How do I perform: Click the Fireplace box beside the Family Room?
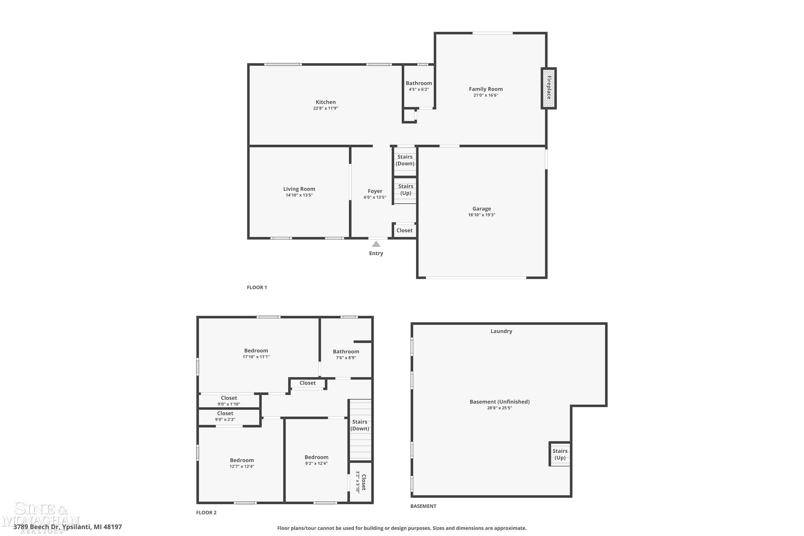tap(548, 88)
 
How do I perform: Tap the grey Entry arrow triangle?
tap(376, 244)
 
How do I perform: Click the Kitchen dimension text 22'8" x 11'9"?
tap(326, 108)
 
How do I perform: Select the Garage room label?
tap(482, 209)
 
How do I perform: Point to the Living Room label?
tap(299, 189)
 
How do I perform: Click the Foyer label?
tap(375, 191)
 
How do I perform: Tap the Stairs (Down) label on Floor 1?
tap(405, 160)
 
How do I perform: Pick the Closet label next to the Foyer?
tap(404, 230)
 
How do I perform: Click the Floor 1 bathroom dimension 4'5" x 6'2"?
tap(419, 90)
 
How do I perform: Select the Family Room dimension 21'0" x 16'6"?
tap(486, 95)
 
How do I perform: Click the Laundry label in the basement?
tap(501, 331)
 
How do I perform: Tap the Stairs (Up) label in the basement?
tap(560, 454)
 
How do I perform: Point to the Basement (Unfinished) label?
tap(500, 402)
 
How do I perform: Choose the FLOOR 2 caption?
tap(206, 512)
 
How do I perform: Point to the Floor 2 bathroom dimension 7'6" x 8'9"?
tap(346, 358)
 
